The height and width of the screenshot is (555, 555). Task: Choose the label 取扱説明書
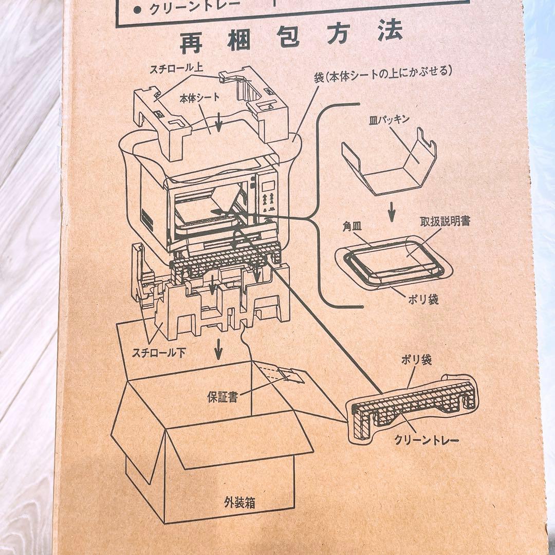pyautogui.click(x=445, y=221)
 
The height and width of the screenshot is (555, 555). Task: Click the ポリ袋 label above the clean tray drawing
pyautogui.click(x=416, y=360)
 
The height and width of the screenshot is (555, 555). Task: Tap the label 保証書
pyautogui.click(x=222, y=397)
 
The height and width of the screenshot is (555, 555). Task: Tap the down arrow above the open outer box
pyautogui.click(x=218, y=349)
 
